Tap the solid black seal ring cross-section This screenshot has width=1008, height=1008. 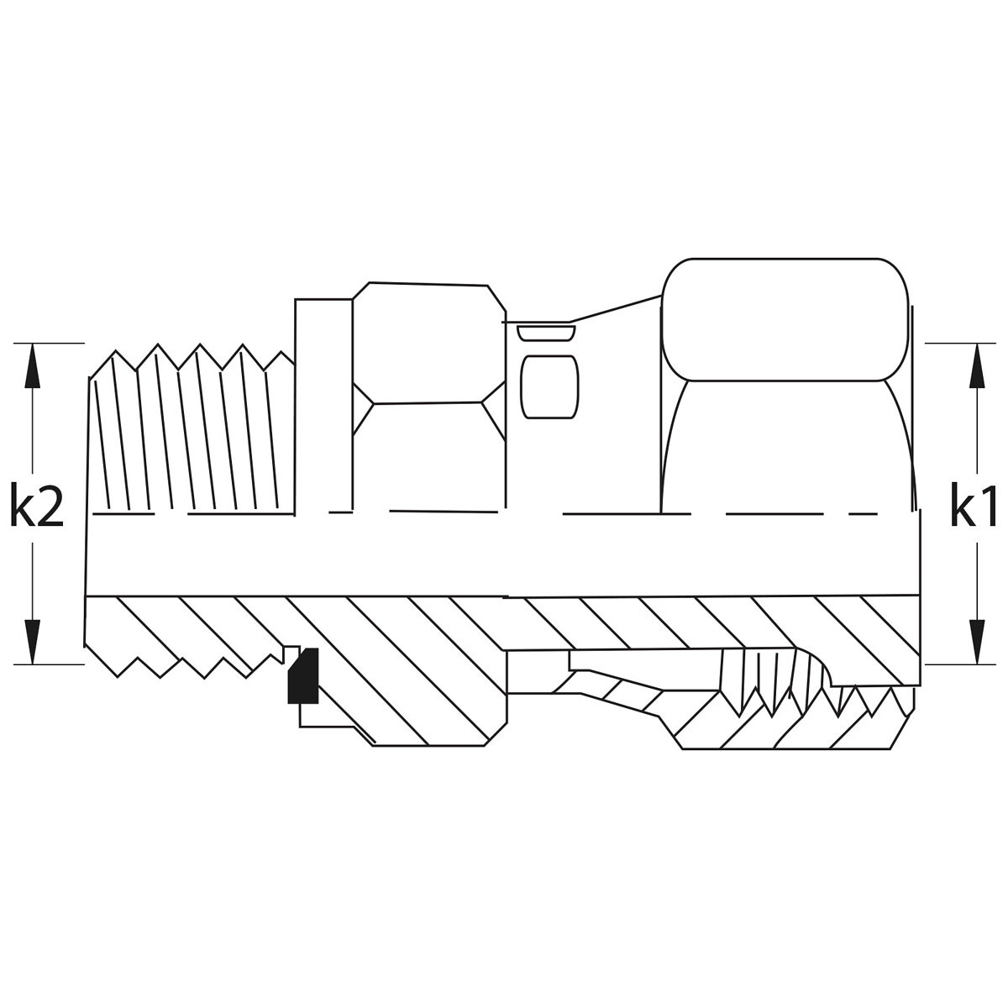[x=303, y=675]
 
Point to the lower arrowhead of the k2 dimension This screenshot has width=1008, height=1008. [x=33, y=642]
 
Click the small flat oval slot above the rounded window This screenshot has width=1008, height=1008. [x=546, y=333]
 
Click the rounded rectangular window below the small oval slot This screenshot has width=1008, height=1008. [x=549, y=387]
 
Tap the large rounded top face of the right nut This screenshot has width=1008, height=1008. [x=785, y=319]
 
